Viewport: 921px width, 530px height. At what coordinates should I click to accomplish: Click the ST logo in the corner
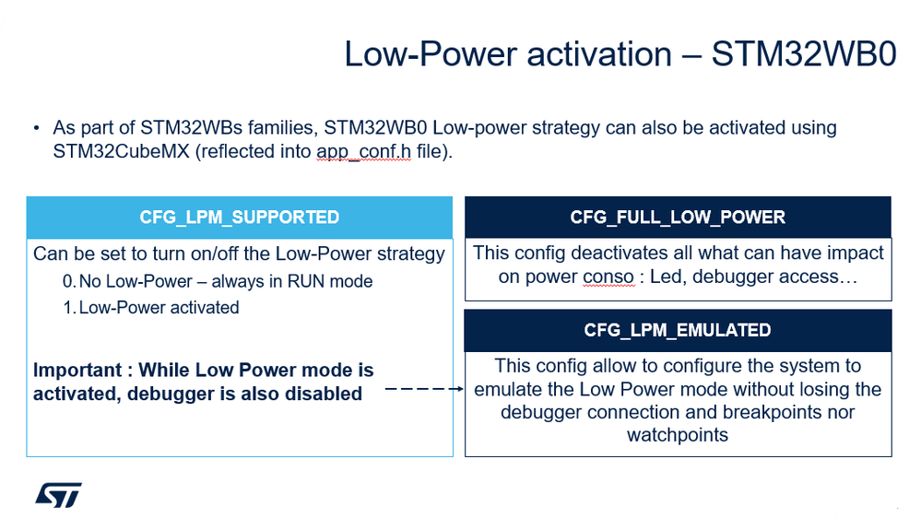click(58, 495)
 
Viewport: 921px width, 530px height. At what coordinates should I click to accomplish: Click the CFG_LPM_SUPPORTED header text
click(239, 218)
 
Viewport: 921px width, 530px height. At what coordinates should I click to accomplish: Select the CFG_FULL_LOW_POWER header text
click(678, 218)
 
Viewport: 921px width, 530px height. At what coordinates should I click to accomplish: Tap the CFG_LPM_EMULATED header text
click(678, 330)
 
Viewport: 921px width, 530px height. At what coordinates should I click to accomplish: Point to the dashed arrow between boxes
click(424, 389)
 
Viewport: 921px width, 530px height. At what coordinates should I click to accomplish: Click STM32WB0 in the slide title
click(804, 54)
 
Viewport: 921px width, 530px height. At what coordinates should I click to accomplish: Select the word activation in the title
click(599, 54)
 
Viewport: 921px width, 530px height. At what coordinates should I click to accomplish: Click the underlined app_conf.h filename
click(363, 151)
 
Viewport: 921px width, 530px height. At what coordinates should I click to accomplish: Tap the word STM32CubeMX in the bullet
click(121, 151)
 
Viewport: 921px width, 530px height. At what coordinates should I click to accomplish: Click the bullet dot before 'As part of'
click(37, 128)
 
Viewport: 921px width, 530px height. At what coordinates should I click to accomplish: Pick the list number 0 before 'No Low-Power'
click(67, 282)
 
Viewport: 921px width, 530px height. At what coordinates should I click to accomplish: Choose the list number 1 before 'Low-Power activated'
click(67, 308)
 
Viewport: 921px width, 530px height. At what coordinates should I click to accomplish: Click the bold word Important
click(77, 371)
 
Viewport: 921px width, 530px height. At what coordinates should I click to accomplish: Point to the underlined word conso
click(608, 277)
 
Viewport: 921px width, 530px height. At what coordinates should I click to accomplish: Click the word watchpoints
click(678, 435)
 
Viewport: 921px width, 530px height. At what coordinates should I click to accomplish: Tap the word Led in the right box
click(666, 277)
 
